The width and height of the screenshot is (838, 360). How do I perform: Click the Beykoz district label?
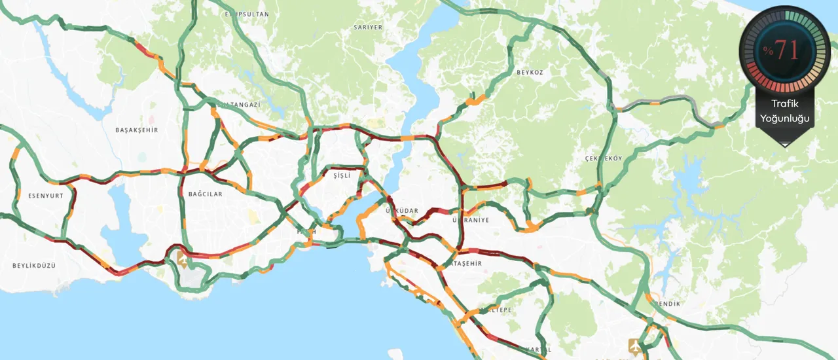[x=530, y=72]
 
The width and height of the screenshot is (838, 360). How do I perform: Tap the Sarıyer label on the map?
[x=367, y=27]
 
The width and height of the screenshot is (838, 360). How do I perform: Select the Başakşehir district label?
[x=137, y=130]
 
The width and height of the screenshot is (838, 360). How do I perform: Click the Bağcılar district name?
[x=205, y=194]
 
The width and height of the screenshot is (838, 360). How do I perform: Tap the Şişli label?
[x=342, y=176]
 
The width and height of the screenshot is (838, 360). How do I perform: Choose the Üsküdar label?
[x=402, y=210]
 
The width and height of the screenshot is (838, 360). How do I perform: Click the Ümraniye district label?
[x=471, y=221]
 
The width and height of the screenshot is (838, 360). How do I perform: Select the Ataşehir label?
[x=467, y=264]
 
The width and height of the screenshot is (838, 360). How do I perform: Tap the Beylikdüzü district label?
[x=34, y=266]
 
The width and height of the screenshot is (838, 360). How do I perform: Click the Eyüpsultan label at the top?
[x=247, y=14]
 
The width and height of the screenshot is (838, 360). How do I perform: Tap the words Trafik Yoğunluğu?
[x=784, y=111]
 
